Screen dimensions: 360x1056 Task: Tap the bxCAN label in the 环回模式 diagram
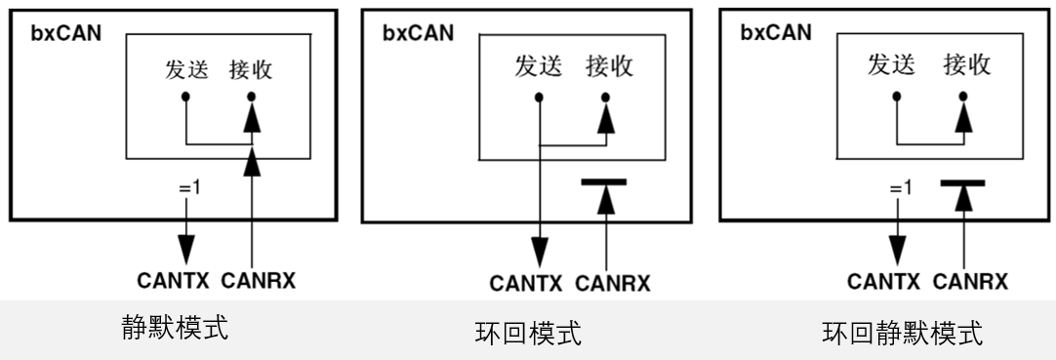418,33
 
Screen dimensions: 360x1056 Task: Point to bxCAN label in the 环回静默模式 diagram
775,32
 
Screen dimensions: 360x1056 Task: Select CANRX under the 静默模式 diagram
258,282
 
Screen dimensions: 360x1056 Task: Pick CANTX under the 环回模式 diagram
526,285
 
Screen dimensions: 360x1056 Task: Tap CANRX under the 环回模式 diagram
612,285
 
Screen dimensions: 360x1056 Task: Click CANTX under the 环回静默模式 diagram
883,282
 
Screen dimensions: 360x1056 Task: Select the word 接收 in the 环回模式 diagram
609,66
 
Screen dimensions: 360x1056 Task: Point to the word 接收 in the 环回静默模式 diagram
966,65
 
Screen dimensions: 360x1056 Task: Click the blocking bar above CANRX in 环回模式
605,181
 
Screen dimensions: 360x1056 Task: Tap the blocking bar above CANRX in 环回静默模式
963,181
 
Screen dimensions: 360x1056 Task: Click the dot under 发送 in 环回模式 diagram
538,97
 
